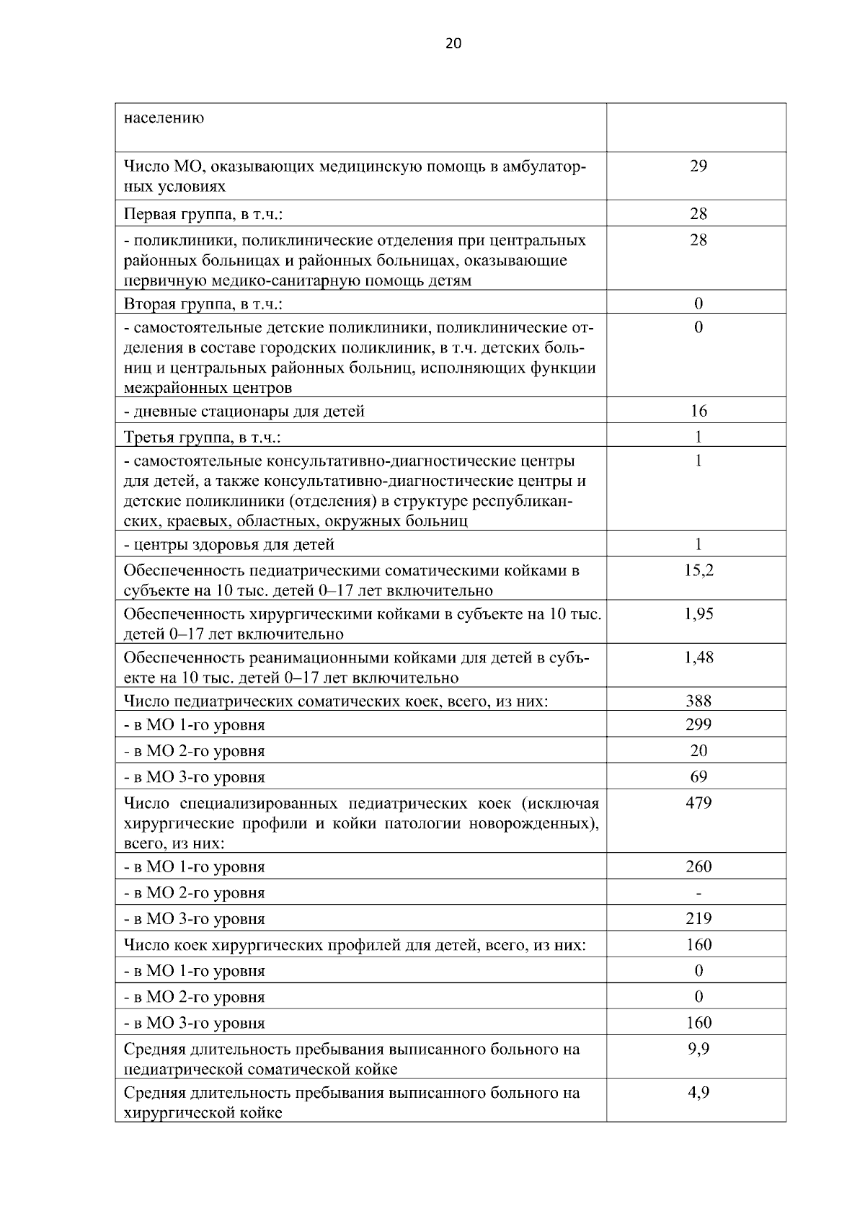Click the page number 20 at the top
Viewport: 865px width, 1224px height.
coord(453,44)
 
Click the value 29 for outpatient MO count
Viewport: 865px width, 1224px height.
coord(698,167)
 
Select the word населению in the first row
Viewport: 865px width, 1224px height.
coord(164,117)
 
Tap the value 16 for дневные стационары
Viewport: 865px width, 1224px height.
coord(698,412)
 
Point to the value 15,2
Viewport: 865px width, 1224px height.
coord(698,571)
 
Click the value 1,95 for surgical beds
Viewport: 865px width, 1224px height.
coord(698,614)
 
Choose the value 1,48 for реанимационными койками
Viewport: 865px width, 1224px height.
coord(698,657)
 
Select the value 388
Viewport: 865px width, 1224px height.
coord(698,701)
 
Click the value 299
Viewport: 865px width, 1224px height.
coord(698,724)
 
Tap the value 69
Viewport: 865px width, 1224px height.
coord(698,777)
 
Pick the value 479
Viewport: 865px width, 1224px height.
coord(698,803)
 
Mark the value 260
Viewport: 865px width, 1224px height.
coord(698,866)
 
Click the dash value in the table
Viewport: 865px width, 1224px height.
coord(698,893)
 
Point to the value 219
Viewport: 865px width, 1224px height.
coord(698,919)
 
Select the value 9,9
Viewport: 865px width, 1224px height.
coord(698,1049)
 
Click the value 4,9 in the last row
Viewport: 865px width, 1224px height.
coord(698,1093)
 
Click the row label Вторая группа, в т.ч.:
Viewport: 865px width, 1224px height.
coord(203,303)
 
